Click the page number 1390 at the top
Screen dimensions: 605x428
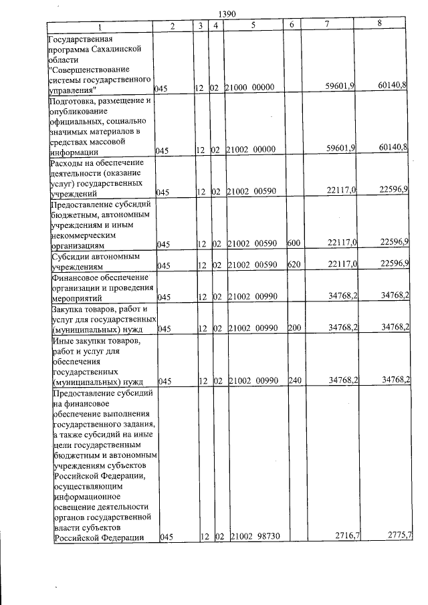click(227, 13)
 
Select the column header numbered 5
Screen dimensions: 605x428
click(253, 25)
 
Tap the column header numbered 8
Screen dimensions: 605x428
click(379, 24)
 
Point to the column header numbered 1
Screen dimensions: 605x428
click(100, 25)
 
